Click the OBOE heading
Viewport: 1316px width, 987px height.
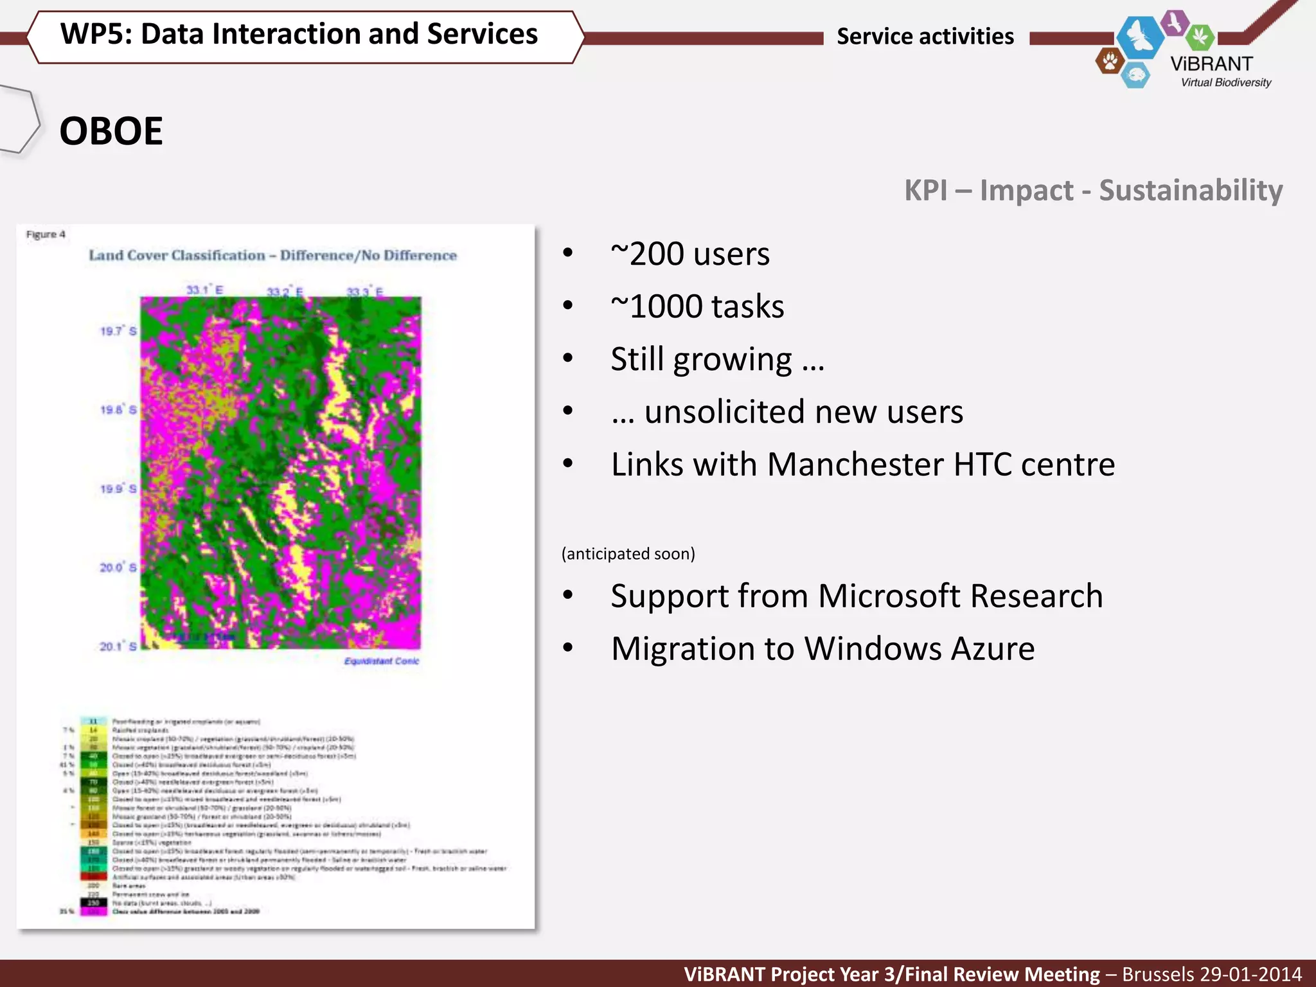point(111,131)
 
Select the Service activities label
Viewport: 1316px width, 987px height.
point(925,37)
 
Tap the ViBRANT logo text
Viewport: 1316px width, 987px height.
point(1211,64)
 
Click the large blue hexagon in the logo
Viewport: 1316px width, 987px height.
point(1140,37)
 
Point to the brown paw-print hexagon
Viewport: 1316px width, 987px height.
point(1109,62)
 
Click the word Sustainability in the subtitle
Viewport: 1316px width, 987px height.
point(1190,190)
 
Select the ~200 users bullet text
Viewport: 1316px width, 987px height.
point(689,254)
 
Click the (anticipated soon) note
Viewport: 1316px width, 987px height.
point(628,554)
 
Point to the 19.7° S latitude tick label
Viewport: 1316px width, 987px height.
point(118,331)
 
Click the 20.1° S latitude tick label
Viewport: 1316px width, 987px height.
point(118,646)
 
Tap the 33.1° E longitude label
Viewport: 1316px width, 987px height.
point(204,290)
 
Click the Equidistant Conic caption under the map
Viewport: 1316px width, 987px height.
point(381,661)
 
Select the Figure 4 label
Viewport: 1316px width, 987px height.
point(46,235)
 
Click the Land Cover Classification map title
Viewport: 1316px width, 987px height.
point(272,256)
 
